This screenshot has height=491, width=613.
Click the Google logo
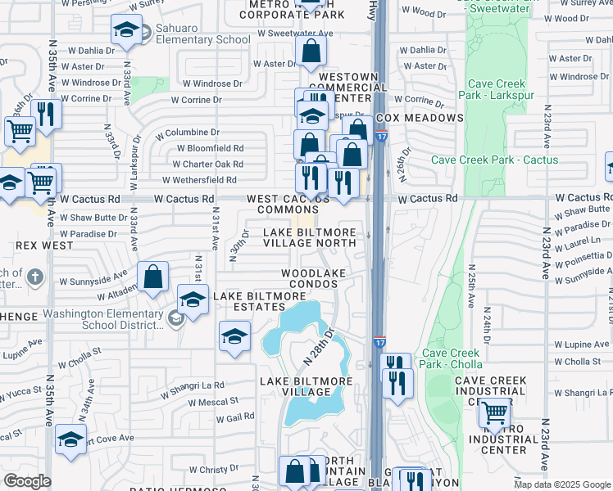pos(26,481)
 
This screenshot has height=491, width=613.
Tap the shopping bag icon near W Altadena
pos(153,277)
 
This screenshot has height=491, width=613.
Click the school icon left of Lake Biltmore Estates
pos(193,300)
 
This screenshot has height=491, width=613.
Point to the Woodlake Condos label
pos(310,277)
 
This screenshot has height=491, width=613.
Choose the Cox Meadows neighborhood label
pos(420,118)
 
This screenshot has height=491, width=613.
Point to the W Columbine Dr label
pos(186,132)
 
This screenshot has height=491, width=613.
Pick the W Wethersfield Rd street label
pos(198,180)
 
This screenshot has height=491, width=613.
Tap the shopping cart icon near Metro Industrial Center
pos(494,414)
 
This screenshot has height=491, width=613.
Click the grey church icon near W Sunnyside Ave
pos(34,277)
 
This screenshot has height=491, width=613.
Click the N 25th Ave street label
pos(470,286)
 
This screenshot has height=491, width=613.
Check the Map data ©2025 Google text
pos(561,484)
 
